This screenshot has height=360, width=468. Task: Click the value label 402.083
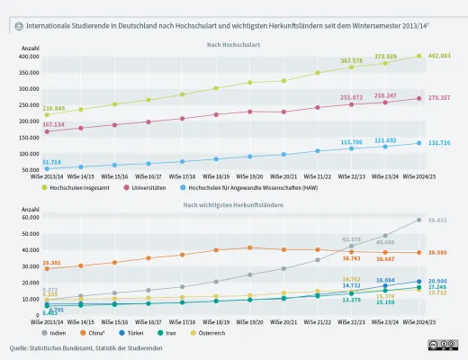tap(439, 57)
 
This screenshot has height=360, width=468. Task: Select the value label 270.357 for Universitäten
tap(439, 97)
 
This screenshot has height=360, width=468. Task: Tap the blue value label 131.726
tap(439, 143)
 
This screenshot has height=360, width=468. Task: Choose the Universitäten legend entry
tap(153, 187)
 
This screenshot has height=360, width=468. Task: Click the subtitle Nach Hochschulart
tap(234, 45)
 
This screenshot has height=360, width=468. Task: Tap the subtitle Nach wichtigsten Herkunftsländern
tap(234, 205)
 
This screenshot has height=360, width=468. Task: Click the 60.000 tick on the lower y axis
tap(31, 217)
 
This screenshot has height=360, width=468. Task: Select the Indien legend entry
tap(55, 332)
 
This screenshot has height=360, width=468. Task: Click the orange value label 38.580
tap(438, 253)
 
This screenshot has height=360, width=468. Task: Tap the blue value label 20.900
tap(438, 282)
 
